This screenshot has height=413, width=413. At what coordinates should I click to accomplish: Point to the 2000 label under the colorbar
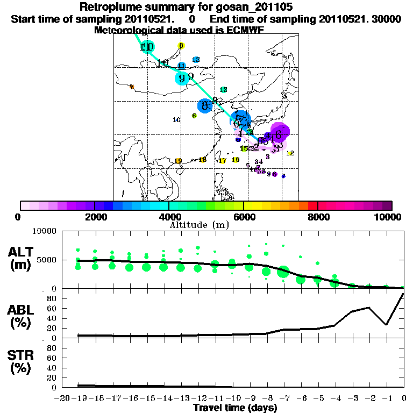pos(94,217)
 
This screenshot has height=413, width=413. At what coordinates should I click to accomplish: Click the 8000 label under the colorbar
pos(317,217)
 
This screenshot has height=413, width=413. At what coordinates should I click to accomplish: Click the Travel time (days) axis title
pos(235,408)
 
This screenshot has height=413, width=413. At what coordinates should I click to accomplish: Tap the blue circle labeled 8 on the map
pos(205,105)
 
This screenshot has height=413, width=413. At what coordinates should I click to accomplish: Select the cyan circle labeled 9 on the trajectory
pos(182,79)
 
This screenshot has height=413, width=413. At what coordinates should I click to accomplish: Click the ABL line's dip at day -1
pos(386,324)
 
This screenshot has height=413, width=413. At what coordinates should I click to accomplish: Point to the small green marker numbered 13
pos(223,90)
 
